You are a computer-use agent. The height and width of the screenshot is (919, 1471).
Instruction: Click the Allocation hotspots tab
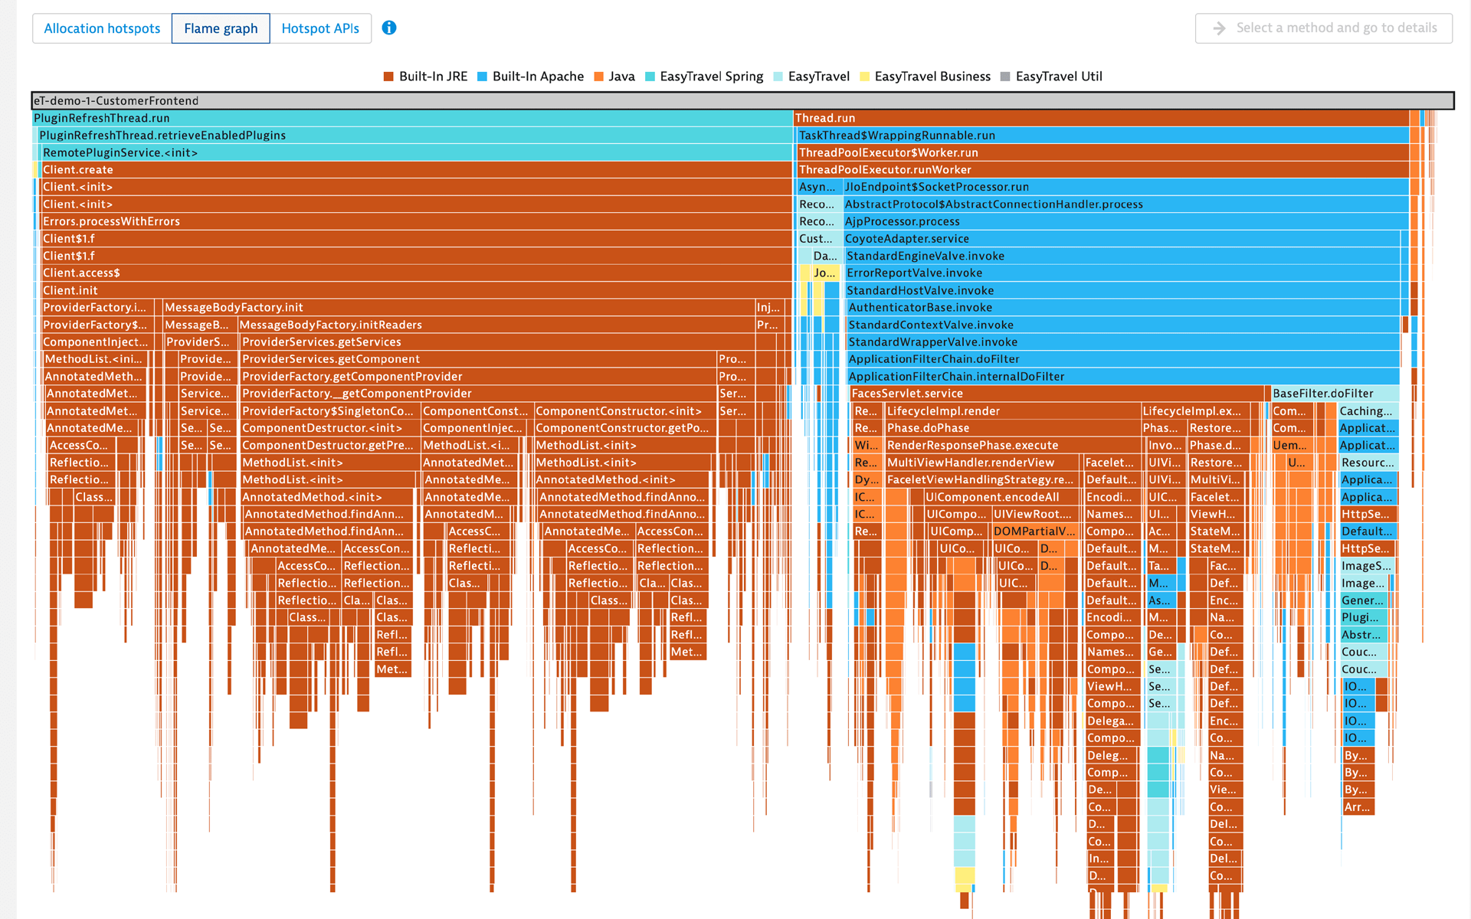[102, 28]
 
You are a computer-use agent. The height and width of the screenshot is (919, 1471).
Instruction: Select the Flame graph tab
[221, 28]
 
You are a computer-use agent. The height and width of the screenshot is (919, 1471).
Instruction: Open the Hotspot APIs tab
[320, 28]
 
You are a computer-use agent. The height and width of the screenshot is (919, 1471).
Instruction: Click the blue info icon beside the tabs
[389, 28]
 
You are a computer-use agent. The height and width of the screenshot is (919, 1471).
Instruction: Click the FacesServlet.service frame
[1057, 394]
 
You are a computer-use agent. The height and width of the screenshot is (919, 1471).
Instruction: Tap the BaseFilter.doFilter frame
[1334, 394]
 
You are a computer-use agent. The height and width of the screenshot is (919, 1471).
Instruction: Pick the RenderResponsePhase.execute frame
[1011, 446]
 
